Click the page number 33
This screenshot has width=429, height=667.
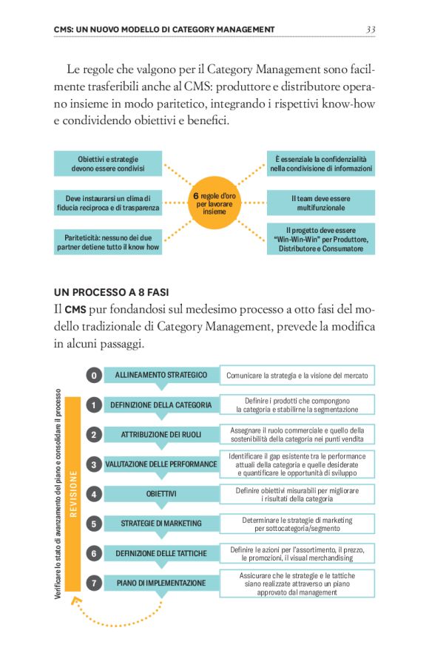point(371,29)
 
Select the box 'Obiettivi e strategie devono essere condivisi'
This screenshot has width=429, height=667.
point(108,164)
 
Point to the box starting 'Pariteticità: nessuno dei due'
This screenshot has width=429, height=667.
point(108,242)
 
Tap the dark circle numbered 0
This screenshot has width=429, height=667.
point(93,376)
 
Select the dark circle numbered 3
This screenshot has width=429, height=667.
point(93,464)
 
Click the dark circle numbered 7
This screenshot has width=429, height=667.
point(93,583)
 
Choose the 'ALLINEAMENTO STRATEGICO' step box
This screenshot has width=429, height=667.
point(161,376)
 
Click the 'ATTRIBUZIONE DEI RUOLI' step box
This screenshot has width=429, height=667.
point(161,435)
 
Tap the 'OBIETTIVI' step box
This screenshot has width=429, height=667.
point(161,494)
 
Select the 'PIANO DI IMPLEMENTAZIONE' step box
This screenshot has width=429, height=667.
point(161,583)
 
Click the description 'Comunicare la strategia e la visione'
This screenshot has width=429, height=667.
point(297,376)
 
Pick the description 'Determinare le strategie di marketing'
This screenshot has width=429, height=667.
point(297,524)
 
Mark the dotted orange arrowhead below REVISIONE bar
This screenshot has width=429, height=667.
point(75,602)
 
